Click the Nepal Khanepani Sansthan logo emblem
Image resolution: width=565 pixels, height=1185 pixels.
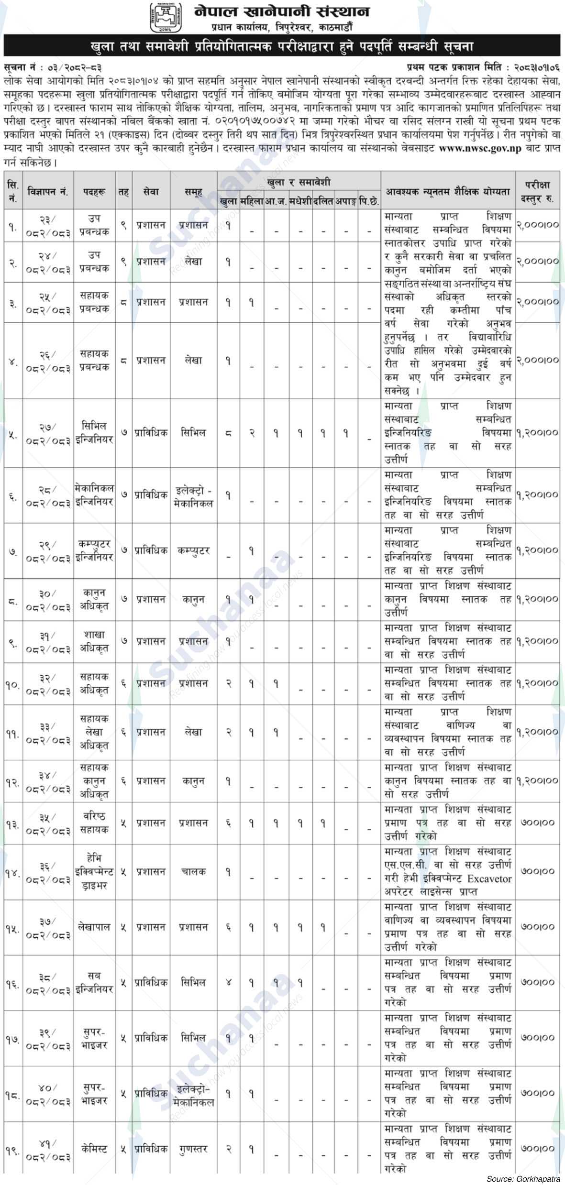(166, 17)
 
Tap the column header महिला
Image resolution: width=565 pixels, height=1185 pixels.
(252, 202)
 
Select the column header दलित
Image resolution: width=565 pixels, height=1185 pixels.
(323, 202)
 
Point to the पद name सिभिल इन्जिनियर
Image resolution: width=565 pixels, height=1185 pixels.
(94, 433)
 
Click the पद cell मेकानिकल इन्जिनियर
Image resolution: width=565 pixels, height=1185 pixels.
(94, 495)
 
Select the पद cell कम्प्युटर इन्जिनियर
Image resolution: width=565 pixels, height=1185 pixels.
(94, 550)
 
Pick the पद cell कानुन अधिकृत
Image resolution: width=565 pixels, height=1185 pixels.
(94, 599)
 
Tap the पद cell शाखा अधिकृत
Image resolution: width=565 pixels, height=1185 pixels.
(94, 641)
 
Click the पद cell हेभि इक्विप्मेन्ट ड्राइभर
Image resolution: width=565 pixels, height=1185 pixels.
(94, 872)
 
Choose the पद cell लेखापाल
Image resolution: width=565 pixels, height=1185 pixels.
(94, 927)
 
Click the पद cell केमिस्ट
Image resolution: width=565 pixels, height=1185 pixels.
(94, 1149)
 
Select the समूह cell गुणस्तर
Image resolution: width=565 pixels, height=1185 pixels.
(193, 1149)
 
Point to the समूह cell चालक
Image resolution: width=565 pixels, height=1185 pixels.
(193, 872)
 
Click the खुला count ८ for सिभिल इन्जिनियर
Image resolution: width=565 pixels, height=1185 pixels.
(229, 433)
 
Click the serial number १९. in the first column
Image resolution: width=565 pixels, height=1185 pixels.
(12, 1149)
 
